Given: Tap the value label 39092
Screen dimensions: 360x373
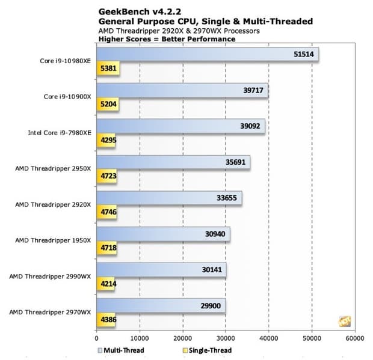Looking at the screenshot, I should [250, 126].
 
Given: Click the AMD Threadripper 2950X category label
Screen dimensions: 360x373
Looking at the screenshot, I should [53, 168].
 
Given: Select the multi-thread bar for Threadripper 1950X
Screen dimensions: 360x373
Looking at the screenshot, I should [163, 234].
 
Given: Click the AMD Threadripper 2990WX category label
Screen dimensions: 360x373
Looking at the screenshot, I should [50, 276].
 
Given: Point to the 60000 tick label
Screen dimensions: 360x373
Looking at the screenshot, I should [354, 337].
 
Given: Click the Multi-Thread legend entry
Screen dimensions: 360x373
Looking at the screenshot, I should [120, 350].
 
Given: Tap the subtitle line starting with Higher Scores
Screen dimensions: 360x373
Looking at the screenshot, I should [166, 39].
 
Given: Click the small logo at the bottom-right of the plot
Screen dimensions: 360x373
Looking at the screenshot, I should [345, 321].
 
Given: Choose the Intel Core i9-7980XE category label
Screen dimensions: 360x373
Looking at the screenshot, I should [59, 132].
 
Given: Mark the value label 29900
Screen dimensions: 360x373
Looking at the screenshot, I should [211, 305].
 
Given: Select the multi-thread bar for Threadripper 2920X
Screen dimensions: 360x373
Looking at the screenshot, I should [169, 199].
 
